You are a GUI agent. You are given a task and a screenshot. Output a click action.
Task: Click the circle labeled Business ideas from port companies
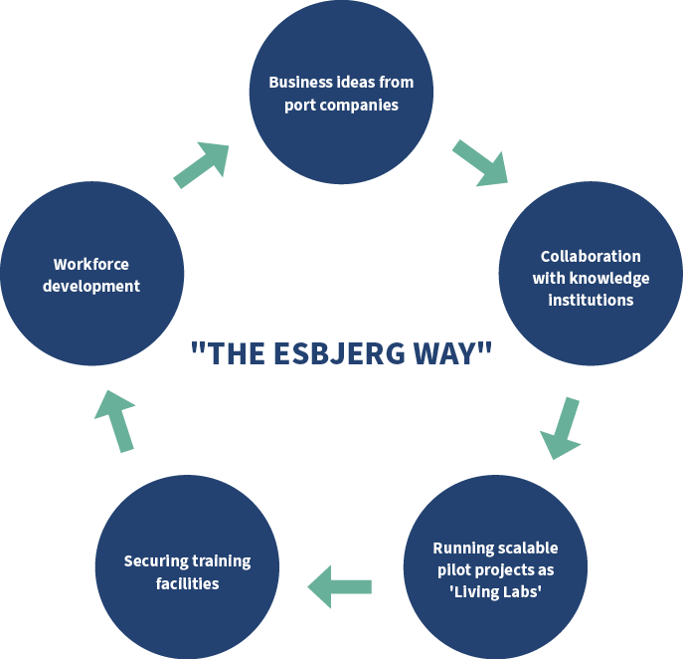tap(341, 93)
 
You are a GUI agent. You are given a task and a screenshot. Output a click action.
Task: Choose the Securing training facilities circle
tap(187, 570)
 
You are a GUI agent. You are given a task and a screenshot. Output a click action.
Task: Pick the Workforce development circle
tap(92, 274)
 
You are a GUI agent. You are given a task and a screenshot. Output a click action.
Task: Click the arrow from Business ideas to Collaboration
tap(479, 163)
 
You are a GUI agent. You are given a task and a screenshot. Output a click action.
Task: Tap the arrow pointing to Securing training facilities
tap(340, 585)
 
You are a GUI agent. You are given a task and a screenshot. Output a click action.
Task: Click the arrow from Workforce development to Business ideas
tap(202, 164)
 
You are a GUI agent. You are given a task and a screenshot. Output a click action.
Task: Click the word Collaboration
tap(591, 256)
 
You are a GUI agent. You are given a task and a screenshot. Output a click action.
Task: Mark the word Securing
tap(156, 561)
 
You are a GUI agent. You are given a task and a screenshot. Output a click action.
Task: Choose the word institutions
tap(591, 299)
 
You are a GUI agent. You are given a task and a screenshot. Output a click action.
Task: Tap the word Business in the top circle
tap(299, 82)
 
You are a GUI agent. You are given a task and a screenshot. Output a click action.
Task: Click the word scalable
tap(525, 549)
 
